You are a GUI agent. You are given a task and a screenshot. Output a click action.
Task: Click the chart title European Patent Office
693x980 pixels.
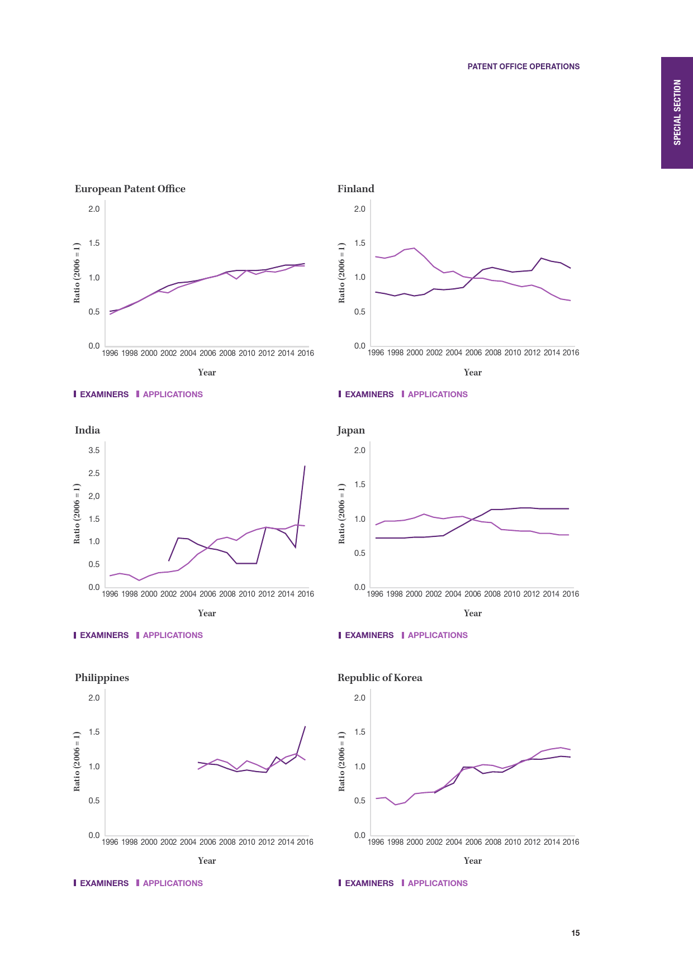(130, 189)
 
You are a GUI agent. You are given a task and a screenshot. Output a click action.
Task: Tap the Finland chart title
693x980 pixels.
(355, 189)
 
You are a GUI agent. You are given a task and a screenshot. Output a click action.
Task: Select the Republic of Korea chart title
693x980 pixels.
(379, 678)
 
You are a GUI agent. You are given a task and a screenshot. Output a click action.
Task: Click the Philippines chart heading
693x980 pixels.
(102, 678)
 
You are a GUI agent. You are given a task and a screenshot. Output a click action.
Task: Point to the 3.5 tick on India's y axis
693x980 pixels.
(94, 450)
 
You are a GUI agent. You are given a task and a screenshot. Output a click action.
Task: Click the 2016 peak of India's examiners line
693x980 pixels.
(305, 466)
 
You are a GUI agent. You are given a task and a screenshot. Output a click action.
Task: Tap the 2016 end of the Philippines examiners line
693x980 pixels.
(305, 726)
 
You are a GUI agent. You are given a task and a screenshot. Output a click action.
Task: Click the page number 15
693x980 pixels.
(575, 933)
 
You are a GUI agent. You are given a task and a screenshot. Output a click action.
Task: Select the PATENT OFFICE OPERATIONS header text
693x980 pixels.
(523, 66)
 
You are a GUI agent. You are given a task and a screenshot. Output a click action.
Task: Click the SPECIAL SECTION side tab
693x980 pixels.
(677, 112)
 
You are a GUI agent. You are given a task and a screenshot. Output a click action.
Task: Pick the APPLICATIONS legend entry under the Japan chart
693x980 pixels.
(437, 635)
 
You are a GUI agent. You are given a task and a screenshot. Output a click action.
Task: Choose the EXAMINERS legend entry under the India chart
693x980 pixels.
(104, 635)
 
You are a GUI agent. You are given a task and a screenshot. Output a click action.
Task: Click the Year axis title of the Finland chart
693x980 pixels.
(472, 373)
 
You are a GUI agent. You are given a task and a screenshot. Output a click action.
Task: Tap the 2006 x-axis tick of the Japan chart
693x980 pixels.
(473, 594)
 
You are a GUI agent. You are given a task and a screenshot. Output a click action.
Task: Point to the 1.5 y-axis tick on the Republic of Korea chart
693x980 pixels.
(360, 732)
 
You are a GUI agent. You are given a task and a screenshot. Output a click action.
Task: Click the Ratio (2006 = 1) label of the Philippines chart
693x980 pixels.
(77, 762)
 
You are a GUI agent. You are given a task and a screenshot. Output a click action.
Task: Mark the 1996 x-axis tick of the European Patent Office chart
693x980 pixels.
(110, 353)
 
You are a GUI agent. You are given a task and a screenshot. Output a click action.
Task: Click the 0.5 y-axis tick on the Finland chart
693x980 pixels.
(360, 312)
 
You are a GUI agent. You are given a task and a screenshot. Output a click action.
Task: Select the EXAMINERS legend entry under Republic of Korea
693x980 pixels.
(369, 883)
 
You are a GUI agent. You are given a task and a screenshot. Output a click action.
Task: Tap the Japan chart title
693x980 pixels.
(351, 430)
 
